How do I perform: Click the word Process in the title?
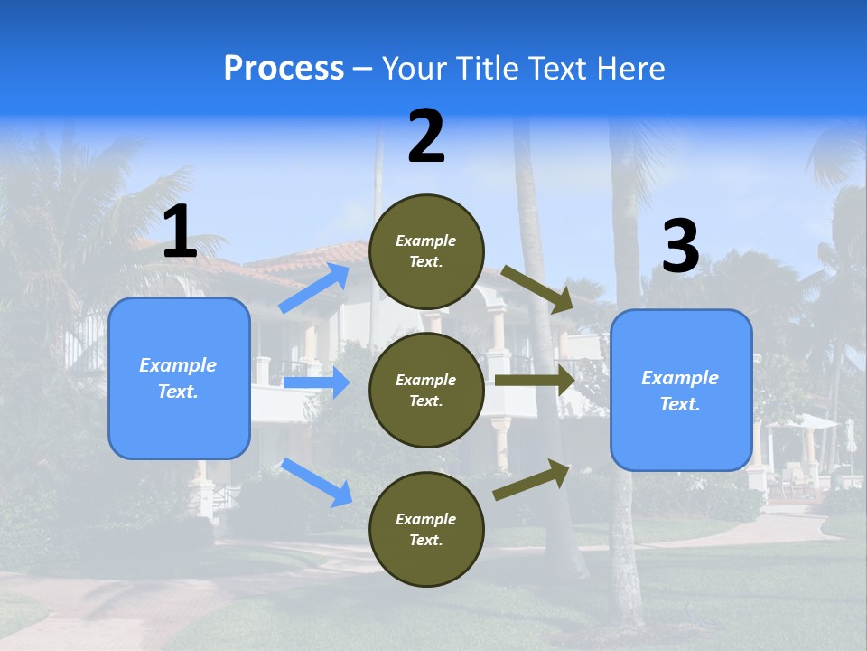point(284,69)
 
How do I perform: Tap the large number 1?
point(180,233)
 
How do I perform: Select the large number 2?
point(426,137)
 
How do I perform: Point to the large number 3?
point(680,247)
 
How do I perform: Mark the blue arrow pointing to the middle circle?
point(316,382)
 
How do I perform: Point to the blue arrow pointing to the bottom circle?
point(317,482)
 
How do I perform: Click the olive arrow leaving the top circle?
point(537,289)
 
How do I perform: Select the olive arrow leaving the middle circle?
point(534,381)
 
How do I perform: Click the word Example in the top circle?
point(426,241)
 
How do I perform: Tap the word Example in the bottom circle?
point(426,519)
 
